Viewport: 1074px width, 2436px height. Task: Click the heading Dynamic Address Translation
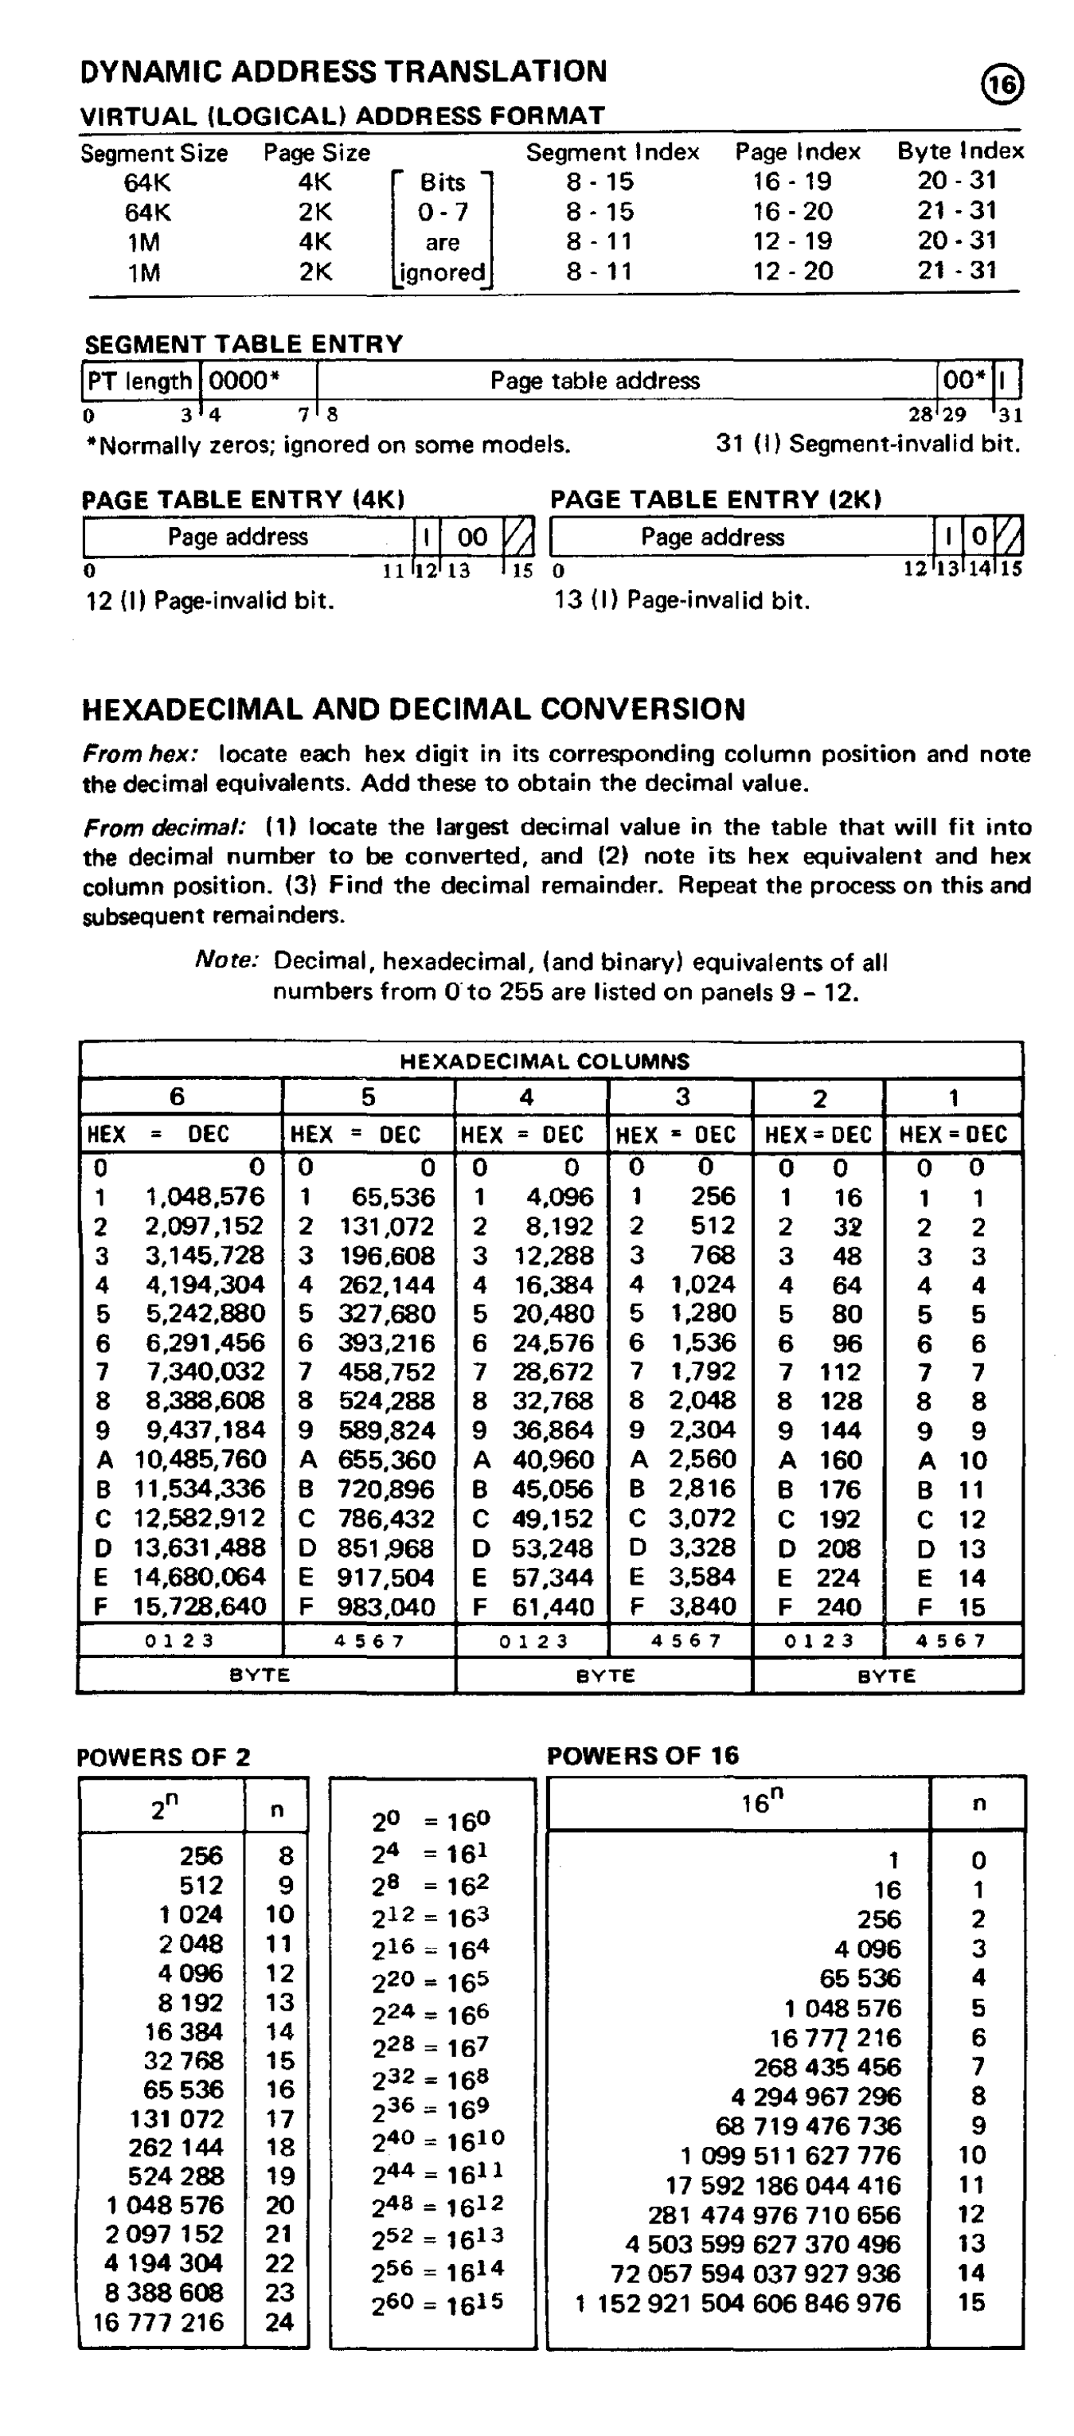point(343,72)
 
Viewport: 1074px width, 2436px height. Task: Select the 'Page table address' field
point(595,381)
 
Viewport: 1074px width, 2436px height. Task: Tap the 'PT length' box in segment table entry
point(140,381)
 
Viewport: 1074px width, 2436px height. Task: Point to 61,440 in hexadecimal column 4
point(553,1607)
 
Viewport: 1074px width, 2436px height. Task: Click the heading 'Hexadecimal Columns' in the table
point(545,1061)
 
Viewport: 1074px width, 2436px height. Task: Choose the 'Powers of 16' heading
point(643,1756)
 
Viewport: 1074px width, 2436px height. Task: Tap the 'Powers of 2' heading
point(163,1757)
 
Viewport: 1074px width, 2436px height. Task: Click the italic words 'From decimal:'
point(162,827)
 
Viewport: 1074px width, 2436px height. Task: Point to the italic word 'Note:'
point(226,960)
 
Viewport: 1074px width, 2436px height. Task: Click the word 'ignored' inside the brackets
point(443,273)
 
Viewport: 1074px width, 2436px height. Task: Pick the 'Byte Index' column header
point(959,151)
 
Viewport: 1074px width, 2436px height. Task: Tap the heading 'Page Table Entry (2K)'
point(716,499)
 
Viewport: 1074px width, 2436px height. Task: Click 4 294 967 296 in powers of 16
point(815,2098)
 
